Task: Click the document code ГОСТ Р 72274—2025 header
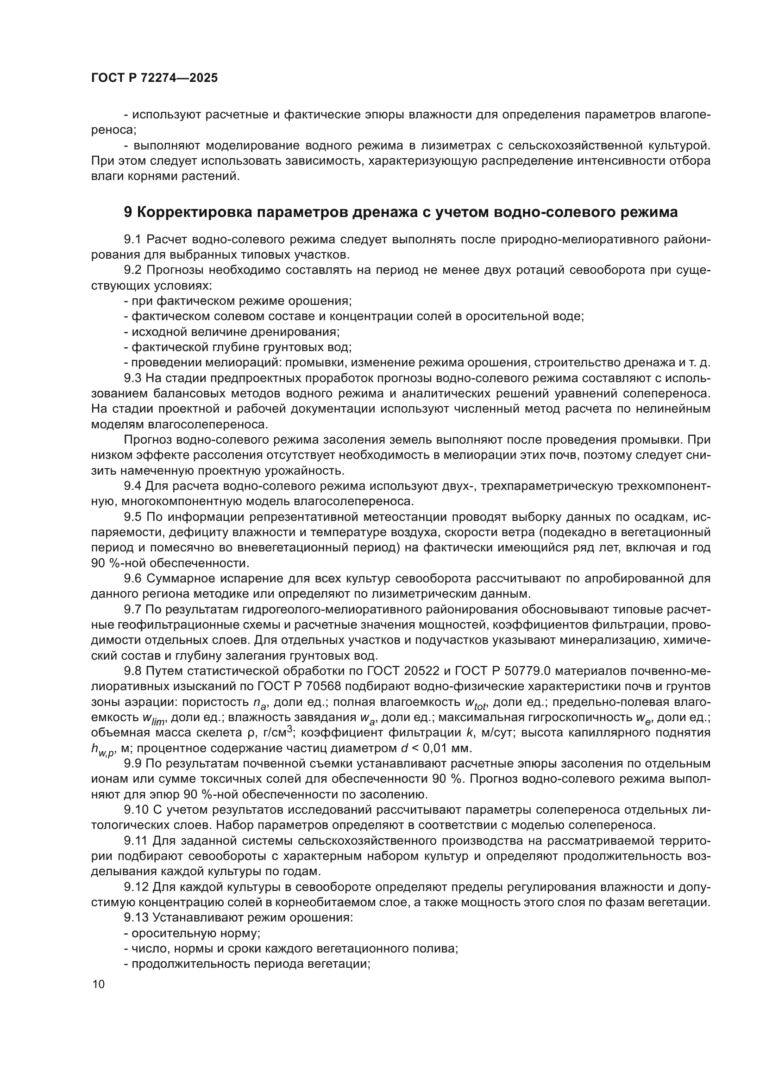pos(154,78)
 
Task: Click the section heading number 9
pos(128,212)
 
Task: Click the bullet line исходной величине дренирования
pos(231,332)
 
